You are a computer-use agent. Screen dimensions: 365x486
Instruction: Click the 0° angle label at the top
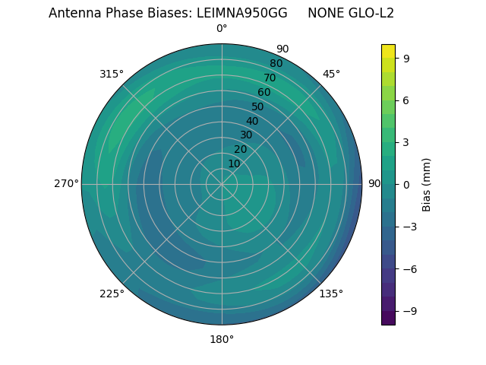click(222, 29)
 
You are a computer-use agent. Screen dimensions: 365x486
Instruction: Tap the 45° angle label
click(331, 74)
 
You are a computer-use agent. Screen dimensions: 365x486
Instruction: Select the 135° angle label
click(331, 294)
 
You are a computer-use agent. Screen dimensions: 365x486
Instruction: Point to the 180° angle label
click(222, 339)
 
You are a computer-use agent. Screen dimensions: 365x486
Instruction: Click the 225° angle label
click(112, 294)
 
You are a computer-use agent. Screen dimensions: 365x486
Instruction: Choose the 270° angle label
click(66, 183)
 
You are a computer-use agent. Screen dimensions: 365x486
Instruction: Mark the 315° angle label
click(112, 74)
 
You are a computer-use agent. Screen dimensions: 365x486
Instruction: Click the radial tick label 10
click(234, 163)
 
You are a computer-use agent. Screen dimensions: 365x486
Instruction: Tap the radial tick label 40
click(252, 121)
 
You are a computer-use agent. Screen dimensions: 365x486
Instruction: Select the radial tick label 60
click(264, 92)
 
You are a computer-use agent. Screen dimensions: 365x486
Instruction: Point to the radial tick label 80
click(276, 63)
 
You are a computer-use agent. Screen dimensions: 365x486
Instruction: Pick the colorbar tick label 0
click(407, 184)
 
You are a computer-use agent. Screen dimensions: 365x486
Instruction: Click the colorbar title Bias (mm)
click(427, 184)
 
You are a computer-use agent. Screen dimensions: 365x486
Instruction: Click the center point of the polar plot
click(222, 184)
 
